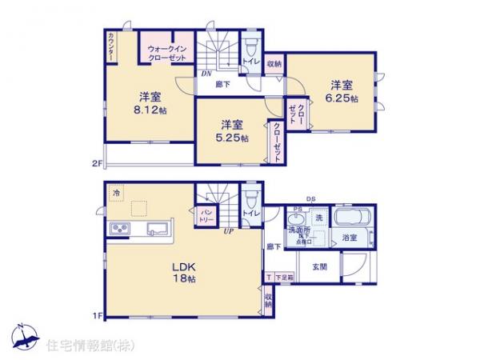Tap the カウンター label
pos(110,46)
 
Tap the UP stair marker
pos(228,232)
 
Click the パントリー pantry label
pos(199,214)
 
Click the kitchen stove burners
pos(122,230)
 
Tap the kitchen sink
pos(157,230)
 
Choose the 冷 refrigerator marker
pos(117,193)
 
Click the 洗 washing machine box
pos(318,218)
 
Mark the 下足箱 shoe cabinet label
pos(283,277)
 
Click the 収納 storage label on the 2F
pos(274,64)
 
